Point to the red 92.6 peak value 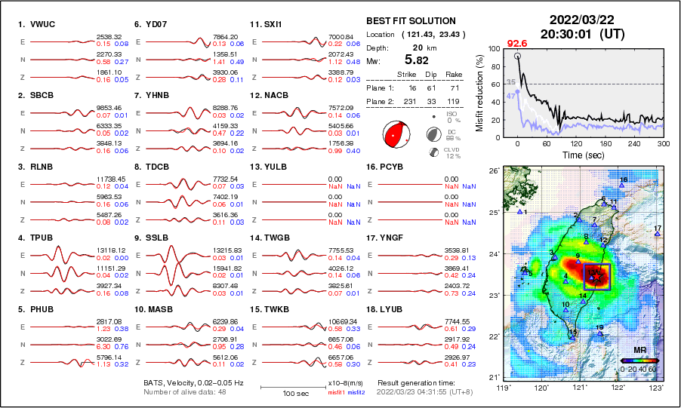(517, 44)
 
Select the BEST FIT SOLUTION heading (411, 21)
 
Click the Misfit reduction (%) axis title (479, 92)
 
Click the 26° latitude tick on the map (492, 171)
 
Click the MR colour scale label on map (639, 351)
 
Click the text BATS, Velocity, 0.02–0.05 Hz (194, 383)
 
